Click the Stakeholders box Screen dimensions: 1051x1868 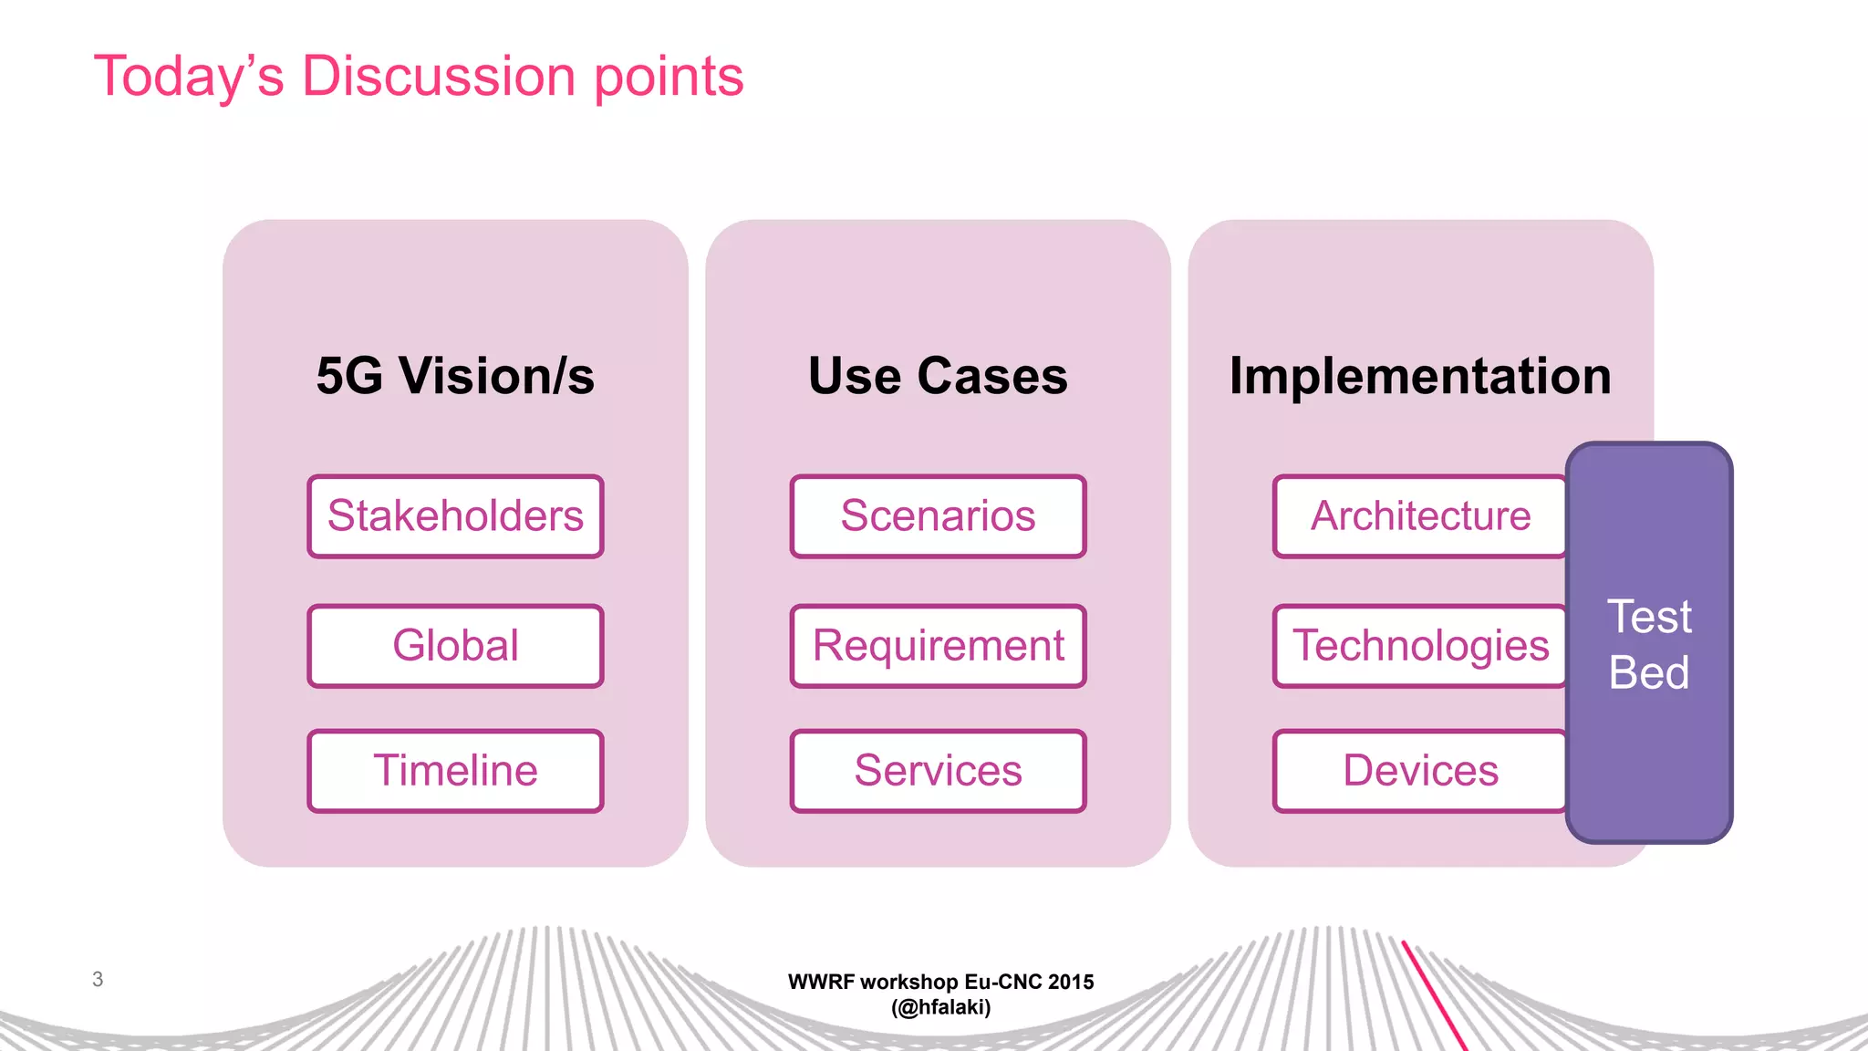(x=455, y=516)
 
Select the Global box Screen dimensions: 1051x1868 (x=455, y=646)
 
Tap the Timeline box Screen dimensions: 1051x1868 (x=455, y=771)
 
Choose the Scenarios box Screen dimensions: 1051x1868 (x=938, y=516)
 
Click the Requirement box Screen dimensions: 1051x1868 (x=938, y=646)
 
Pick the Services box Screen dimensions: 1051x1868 (x=938, y=771)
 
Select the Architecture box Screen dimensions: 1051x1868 (x=1419, y=516)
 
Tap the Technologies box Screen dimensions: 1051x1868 (x=1419, y=646)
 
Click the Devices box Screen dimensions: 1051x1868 (x=1419, y=771)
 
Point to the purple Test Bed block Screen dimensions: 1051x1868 (x=1649, y=643)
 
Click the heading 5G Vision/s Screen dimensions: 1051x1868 (x=455, y=376)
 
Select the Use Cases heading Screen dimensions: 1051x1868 (x=938, y=376)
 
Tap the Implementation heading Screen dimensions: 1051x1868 (x=1420, y=376)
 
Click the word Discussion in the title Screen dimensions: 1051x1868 (x=438, y=76)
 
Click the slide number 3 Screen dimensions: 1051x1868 (x=98, y=979)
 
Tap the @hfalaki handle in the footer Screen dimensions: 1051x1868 (x=940, y=1007)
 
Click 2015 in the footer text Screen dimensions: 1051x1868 (x=1071, y=982)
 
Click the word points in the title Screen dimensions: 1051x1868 (x=669, y=78)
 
